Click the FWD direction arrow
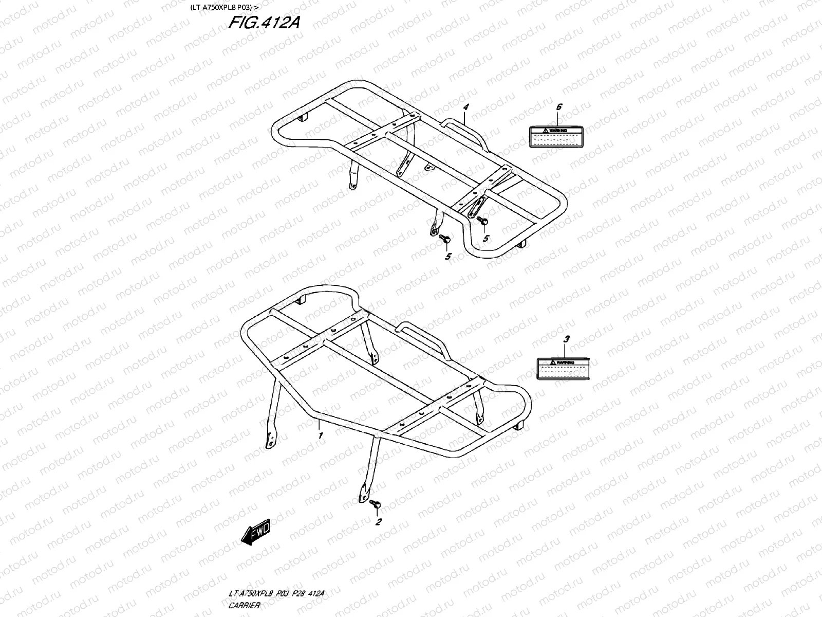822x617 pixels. (255, 535)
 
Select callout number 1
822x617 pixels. (321, 435)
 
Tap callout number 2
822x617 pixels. (379, 522)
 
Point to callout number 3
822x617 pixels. (566, 339)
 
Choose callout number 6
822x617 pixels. (559, 107)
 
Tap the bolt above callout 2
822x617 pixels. (377, 505)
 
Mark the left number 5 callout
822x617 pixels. (449, 256)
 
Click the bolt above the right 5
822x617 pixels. (483, 221)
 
